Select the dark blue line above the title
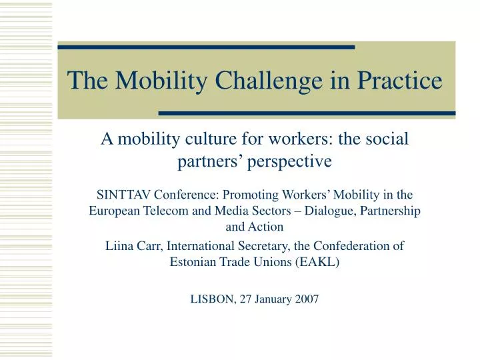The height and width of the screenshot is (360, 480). [x=206, y=47]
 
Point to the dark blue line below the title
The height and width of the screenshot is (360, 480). [x=307, y=113]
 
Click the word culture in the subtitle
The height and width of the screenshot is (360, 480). [x=192, y=139]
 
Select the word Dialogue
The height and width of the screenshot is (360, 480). [x=309, y=211]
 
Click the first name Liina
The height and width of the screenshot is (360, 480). [x=119, y=245]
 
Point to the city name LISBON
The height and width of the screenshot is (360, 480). [x=212, y=299]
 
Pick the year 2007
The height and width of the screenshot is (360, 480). [x=305, y=299]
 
